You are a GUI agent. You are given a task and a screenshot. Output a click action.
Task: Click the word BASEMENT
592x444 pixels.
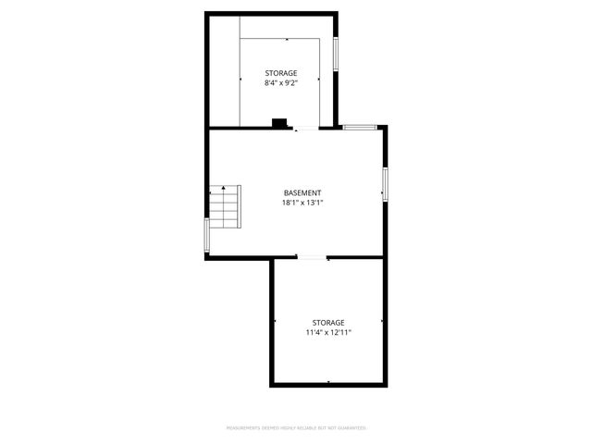pos(302,192)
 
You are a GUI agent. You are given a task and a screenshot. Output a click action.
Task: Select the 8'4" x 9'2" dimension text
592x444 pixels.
pos(281,83)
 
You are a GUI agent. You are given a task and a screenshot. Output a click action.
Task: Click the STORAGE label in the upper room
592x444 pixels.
pos(281,73)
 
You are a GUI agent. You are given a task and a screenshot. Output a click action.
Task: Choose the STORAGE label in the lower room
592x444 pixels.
pos(328,322)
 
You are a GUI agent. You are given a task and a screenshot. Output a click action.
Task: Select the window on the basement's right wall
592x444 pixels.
pos(385,183)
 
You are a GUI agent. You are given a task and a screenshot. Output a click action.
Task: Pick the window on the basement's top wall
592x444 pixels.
pos(359,126)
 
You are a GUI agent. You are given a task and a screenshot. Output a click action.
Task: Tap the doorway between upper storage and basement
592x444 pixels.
pos(297,129)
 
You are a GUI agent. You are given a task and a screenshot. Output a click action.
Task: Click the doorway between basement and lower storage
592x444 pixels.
pos(312,257)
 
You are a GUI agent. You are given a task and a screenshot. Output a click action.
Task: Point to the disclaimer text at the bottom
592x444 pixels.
pos(296,428)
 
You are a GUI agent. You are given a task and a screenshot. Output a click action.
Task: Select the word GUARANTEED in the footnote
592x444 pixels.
pos(351,428)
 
